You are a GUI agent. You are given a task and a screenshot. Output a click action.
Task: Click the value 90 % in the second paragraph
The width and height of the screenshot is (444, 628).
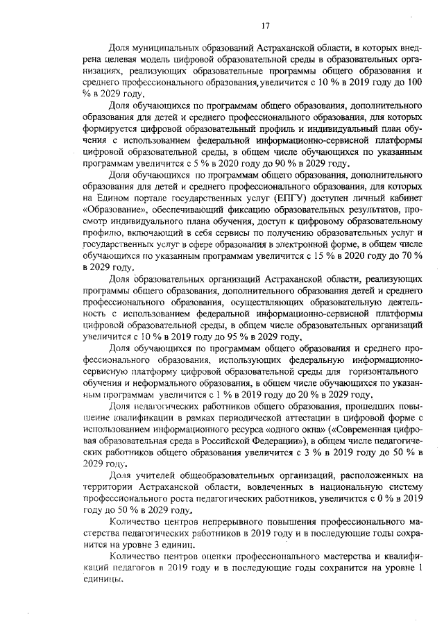coord(264,164)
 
